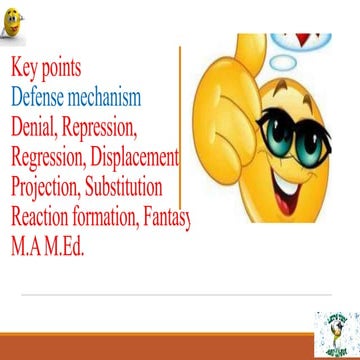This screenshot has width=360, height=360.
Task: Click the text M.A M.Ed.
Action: [x=48, y=245]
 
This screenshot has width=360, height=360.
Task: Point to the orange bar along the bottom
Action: [x=150, y=349]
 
